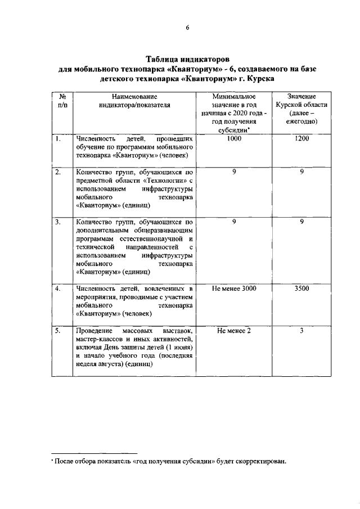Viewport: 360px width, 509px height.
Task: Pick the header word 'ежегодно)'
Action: coord(301,121)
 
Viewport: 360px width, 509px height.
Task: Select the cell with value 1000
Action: coord(234,138)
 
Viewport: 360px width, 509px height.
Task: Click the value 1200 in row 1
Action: coord(301,138)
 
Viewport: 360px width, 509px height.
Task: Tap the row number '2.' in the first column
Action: coord(58,172)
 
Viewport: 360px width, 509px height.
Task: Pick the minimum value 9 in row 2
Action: coord(234,172)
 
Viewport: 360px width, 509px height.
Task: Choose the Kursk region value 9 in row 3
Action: coord(301,222)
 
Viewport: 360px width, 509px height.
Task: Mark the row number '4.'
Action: coord(58,289)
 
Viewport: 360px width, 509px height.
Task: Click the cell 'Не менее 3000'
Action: coord(234,289)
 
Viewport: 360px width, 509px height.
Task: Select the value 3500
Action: coord(301,289)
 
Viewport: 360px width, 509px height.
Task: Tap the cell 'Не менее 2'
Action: coord(234,331)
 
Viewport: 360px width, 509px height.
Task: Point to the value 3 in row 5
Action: coord(301,331)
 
